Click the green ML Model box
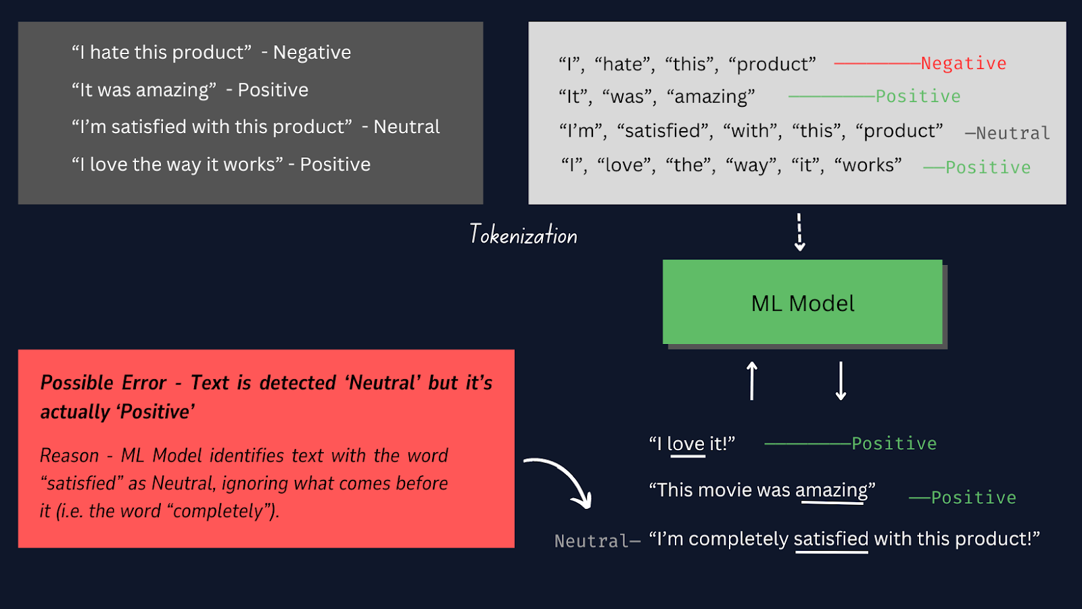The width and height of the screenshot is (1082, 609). (802, 302)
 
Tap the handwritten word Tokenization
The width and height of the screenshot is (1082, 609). (523, 235)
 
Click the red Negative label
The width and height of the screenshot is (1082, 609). (963, 64)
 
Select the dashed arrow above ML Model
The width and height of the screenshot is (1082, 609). (799, 233)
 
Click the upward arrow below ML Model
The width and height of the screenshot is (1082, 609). (751, 381)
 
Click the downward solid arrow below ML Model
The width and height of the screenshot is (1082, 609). (841, 381)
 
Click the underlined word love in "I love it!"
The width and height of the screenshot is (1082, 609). (686, 444)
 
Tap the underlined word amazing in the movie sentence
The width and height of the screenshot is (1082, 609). (831, 490)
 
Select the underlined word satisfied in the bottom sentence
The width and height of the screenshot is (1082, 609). (830, 539)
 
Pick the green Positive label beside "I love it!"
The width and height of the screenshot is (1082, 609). (893, 444)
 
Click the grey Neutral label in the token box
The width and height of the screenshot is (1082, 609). (1012, 133)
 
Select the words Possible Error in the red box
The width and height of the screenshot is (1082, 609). (103, 383)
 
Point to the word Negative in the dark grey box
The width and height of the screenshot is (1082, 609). (312, 53)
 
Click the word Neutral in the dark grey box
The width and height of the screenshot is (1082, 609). (406, 127)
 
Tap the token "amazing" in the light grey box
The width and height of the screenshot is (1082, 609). (710, 97)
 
